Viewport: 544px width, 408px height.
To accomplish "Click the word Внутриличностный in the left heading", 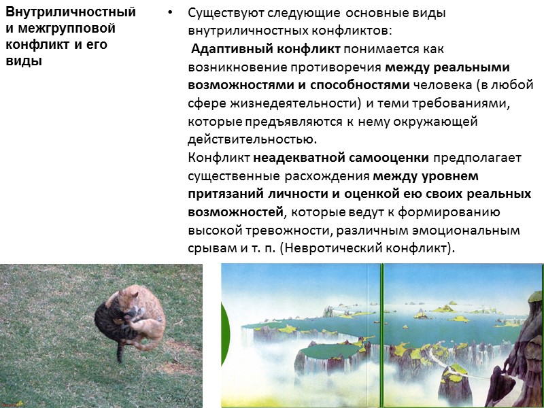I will click(x=71, y=12).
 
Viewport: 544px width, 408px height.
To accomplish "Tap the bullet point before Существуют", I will click(x=171, y=14).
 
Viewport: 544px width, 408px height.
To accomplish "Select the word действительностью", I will click(x=252, y=140).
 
